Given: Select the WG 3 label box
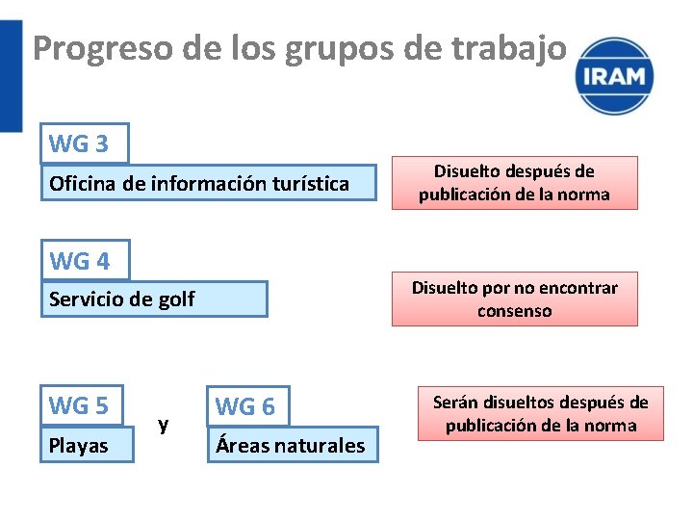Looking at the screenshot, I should point(84,144).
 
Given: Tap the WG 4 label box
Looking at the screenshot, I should point(85,260).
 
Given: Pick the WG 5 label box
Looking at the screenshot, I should point(82,405).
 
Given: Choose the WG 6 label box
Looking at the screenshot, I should point(247,406).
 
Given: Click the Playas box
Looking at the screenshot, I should point(87,446).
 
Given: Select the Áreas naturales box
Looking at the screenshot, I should point(293,445).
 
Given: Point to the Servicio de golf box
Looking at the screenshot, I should point(154,299).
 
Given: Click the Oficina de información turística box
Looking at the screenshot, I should point(208,183).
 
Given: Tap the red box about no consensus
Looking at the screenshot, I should point(514,299).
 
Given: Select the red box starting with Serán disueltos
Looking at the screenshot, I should point(540,414).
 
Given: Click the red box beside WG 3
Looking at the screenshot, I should point(514,183).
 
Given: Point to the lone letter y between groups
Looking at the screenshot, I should point(164,424).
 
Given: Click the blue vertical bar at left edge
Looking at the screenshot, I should point(10,77).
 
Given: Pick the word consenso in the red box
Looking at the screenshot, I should point(514,311).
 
